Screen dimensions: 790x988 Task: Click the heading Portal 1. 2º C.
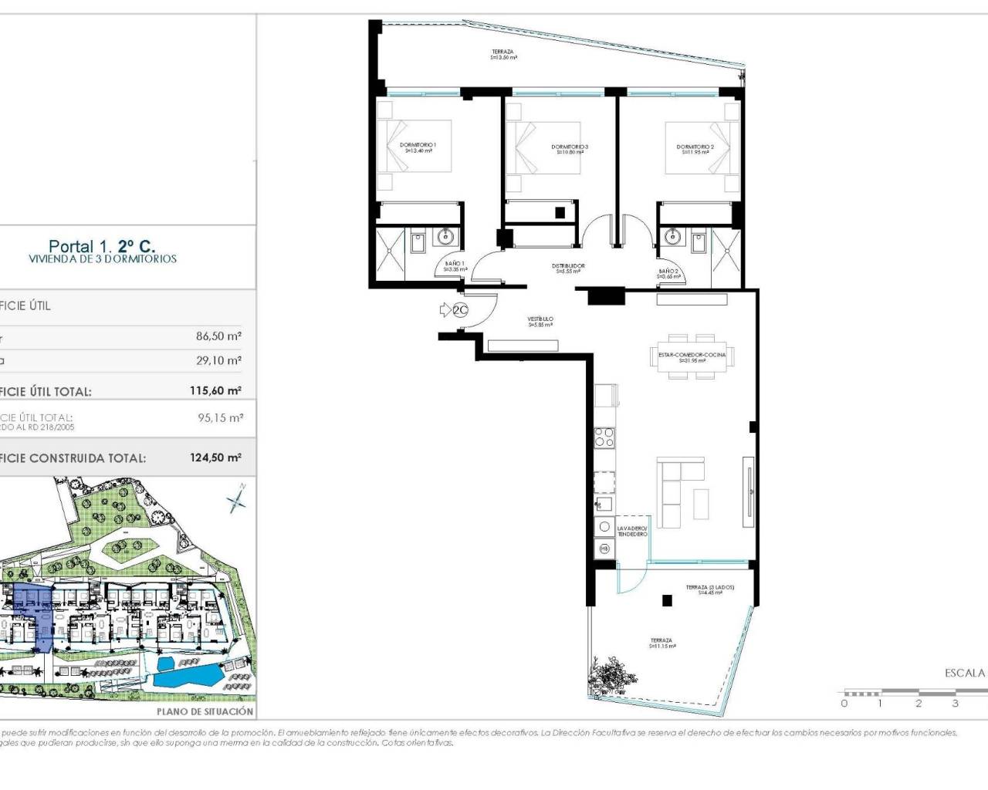(102, 246)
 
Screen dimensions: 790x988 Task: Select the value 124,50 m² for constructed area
(215, 457)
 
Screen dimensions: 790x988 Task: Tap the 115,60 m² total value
(215, 390)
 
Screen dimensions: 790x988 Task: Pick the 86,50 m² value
(218, 336)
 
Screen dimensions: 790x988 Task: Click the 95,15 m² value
(220, 418)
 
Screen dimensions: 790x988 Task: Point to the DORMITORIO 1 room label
(418, 147)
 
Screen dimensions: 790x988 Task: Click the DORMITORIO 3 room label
(570, 149)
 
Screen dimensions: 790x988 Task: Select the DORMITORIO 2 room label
(695, 149)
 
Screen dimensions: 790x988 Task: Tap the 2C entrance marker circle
(461, 311)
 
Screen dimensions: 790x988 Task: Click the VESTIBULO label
(540, 321)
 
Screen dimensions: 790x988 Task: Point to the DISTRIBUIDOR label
(568, 268)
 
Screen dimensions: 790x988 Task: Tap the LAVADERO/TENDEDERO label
(632, 531)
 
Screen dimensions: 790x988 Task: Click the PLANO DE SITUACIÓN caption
(205, 711)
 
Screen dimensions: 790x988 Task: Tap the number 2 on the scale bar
(919, 703)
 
